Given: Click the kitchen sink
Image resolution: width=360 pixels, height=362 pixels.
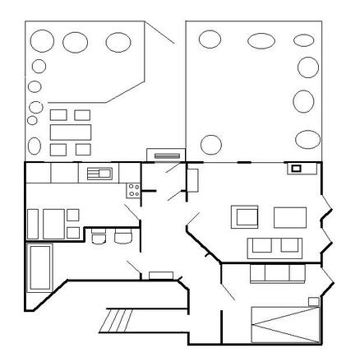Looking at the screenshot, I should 99,173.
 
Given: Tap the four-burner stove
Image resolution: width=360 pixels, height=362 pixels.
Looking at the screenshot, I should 133,190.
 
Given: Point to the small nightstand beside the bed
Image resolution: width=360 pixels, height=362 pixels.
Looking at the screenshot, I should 312,301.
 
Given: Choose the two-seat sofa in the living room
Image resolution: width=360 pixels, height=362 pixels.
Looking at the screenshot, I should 275,246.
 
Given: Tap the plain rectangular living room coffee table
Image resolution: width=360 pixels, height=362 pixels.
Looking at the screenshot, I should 289,216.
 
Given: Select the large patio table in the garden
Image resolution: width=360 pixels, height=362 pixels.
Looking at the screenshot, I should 69,132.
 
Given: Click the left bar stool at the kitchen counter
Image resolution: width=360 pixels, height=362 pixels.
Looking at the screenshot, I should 99,238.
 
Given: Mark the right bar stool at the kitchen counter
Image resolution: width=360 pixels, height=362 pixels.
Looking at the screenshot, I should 122,238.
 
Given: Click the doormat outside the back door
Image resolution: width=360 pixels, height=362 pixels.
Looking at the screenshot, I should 161,154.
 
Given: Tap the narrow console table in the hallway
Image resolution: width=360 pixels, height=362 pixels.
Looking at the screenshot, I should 160,274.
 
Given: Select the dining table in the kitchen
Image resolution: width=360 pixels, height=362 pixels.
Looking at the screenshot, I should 53,222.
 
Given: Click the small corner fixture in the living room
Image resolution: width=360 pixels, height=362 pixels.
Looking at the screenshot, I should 295,169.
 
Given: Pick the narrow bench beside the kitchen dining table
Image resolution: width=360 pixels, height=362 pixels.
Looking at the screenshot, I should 33,223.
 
